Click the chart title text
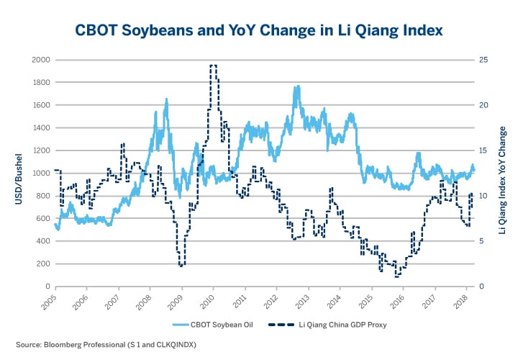(259, 30)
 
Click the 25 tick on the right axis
(484, 59)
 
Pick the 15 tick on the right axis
(484, 150)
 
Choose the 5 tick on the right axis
(483, 241)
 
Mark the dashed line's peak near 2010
(213, 66)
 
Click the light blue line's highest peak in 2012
(297, 87)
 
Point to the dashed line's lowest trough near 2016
(396, 276)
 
